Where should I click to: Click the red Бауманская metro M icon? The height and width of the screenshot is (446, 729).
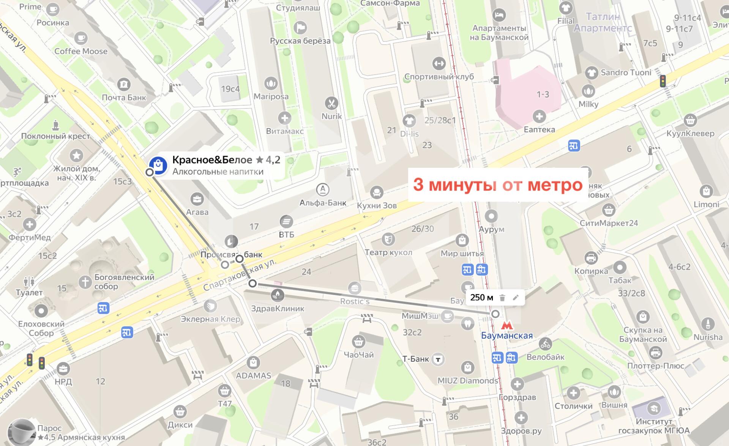coord(507,325)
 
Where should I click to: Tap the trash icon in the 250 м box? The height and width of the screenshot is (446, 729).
coord(502,298)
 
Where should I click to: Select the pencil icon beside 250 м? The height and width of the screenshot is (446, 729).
coord(515,298)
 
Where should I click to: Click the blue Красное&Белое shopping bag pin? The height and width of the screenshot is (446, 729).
coord(158,165)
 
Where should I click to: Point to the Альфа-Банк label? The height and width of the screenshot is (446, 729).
coord(323,203)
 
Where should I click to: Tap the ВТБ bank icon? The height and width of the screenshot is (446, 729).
coord(286,221)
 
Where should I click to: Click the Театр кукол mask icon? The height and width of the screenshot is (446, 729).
coord(388,239)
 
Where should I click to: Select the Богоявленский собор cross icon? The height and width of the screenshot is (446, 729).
coord(85,281)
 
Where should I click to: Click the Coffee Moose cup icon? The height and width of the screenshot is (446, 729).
coord(80,38)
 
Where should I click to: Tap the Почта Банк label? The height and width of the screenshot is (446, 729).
coord(124,98)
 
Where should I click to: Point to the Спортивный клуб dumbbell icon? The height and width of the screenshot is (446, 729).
coord(439,63)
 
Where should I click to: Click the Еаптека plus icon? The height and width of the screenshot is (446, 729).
coord(539,116)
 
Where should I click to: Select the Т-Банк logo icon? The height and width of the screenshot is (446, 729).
coord(439,359)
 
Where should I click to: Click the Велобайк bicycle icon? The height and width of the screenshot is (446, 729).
coord(545,344)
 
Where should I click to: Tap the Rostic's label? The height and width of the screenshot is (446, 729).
coord(355,301)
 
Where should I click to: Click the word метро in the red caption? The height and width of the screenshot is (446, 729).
coord(555,185)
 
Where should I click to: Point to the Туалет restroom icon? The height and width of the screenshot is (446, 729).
coord(29,281)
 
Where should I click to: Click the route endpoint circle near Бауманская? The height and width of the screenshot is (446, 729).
coord(495,314)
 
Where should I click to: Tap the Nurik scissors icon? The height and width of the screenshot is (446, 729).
coord(331,103)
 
